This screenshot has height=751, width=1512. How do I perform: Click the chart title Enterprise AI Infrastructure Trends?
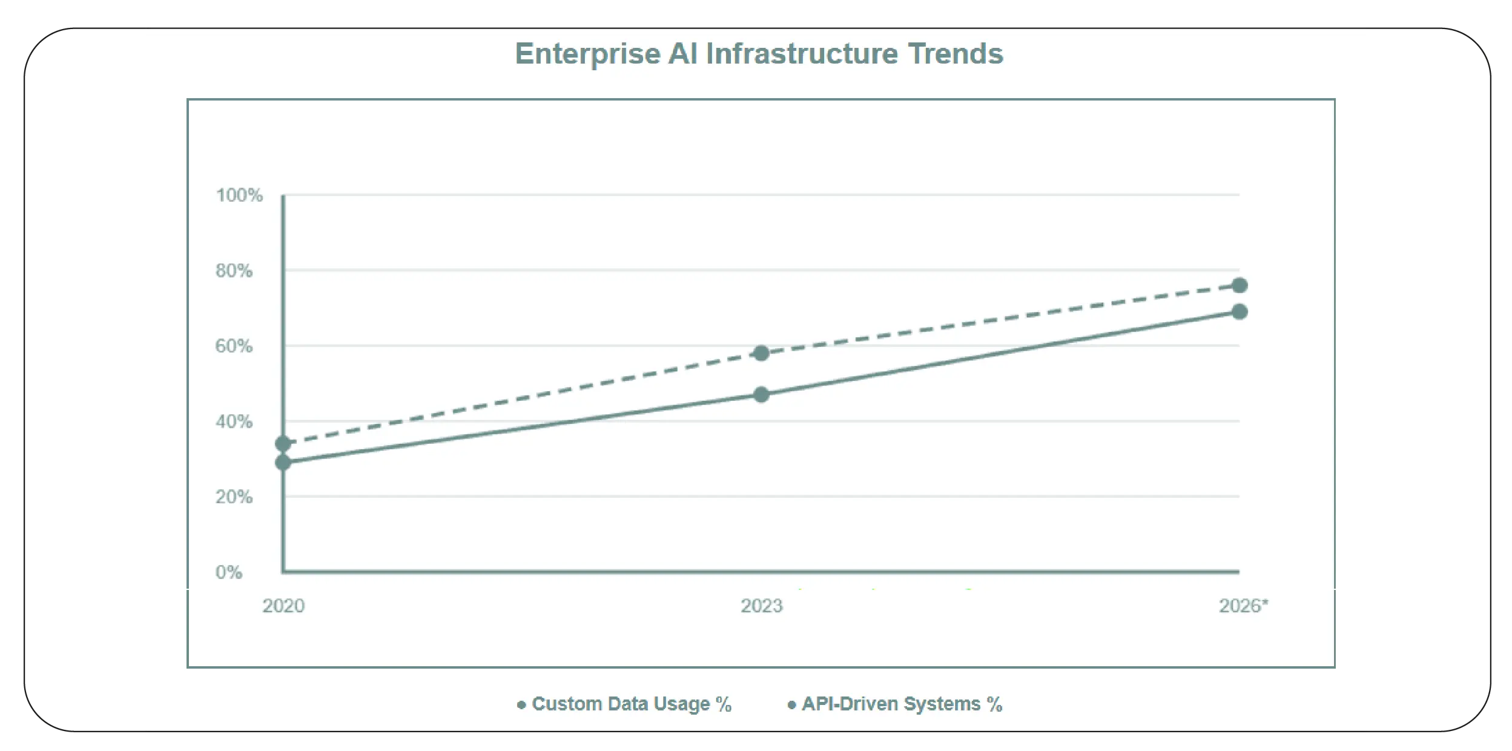pyautogui.click(x=759, y=53)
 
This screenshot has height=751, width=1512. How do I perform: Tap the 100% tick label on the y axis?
pyautogui.click(x=239, y=195)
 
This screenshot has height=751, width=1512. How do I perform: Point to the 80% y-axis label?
pyautogui.click(x=234, y=271)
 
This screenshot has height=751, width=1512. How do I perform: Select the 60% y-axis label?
pyautogui.click(x=234, y=346)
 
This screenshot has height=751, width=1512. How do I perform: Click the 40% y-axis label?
pyautogui.click(x=234, y=422)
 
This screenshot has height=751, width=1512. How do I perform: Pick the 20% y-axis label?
pyautogui.click(x=234, y=497)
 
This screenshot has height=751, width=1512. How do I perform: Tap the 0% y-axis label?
pyautogui.click(x=229, y=572)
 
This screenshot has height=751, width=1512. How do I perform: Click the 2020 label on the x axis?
pyautogui.click(x=283, y=606)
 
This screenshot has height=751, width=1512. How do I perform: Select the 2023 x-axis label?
pyautogui.click(x=761, y=606)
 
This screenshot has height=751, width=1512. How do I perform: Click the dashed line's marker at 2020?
pyautogui.click(x=283, y=444)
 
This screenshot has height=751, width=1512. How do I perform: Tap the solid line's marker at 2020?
pyautogui.click(x=283, y=463)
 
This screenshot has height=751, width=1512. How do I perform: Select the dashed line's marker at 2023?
pyautogui.click(x=761, y=353)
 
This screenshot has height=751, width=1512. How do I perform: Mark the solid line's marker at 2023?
pyautogui.click(x=761, y=395)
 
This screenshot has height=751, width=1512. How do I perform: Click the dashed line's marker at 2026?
pyautogui.click(x=1240, y=285)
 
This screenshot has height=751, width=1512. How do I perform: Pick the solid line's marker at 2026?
pyautogui.click(x=1240, y=312)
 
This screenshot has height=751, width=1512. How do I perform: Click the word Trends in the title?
pyautogui.click(x=955, y=53)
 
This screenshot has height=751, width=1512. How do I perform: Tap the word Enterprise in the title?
pyautogui.click(x=587, y=53)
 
